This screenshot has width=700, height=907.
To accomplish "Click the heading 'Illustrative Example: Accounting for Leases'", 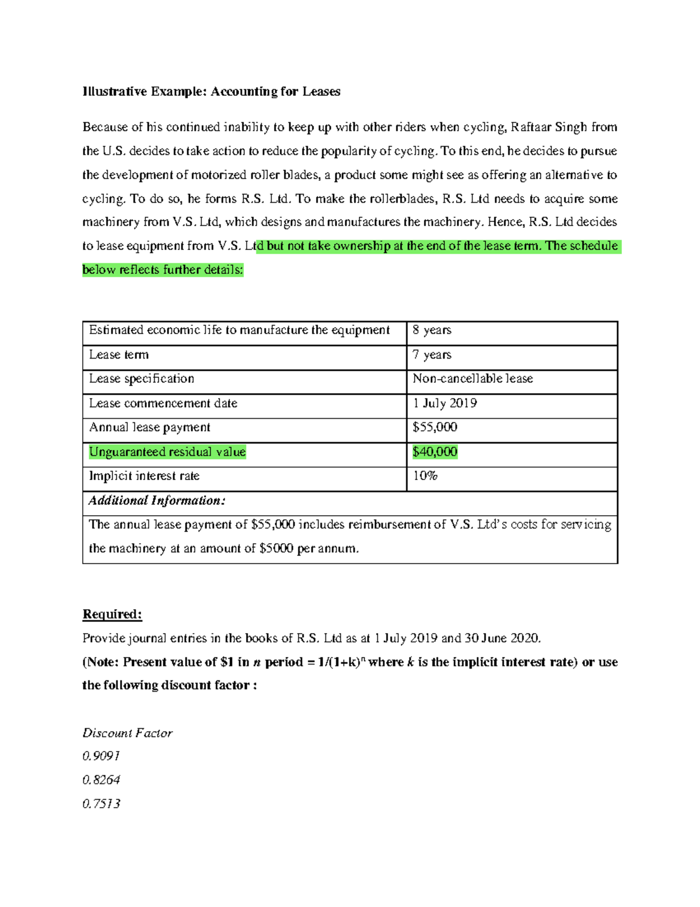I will pyautogui.click(x=211, y=92).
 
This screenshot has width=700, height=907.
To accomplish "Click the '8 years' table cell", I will pyautogui.click(x=432, y=331).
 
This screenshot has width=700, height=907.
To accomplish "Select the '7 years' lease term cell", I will pyautogui.click(x=432, y=355).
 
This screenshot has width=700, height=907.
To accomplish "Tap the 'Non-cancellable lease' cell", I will pyautogui.click(x=473, y=379).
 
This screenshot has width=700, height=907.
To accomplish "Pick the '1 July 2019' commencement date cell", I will pyautogui.click(x=444, y=404).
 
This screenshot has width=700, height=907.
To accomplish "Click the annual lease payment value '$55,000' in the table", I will pyautogui.click(x=435, y=428).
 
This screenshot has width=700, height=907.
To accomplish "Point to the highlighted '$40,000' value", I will pyautogui.click(x=435, y=452).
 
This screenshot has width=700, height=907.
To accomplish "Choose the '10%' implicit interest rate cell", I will pyautogui.click(x=425, y=476).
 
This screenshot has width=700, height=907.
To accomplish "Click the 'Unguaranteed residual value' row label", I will pyautogui.click(x=167, y=452).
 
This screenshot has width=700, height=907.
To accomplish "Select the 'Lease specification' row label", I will pyautogui.click(x=142, y=379).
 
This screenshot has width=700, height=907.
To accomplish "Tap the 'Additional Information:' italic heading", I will pyautogui.click(x=157, y=501).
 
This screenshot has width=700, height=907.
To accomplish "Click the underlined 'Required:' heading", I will pyautogui.click(x=112, y=614).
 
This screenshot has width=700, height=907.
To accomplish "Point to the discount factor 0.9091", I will pyautogui.click(x=101, y=756).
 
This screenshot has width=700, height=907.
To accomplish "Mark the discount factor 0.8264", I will pyautogui.click(x=101, y=780).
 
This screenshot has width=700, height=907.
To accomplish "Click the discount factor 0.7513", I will pyautogui.click(x=101, y=804).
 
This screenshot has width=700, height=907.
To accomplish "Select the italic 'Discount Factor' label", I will pyautogui.click(x=127, y=733).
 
